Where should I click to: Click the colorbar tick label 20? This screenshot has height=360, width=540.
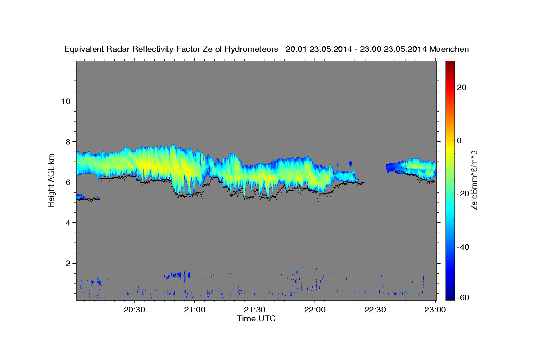pyautogui.click(x=463, y=87)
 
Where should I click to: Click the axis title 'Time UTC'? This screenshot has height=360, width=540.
pyautogui.click(x=256, y=319)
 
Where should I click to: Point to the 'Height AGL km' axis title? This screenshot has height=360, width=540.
pyautogui.click(x=52, y=180)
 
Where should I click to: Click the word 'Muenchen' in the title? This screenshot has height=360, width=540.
pyautogui.click(x=449, y=49)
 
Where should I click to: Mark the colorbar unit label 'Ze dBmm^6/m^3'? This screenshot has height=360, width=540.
pyautogui.click(x=474, y=180)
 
